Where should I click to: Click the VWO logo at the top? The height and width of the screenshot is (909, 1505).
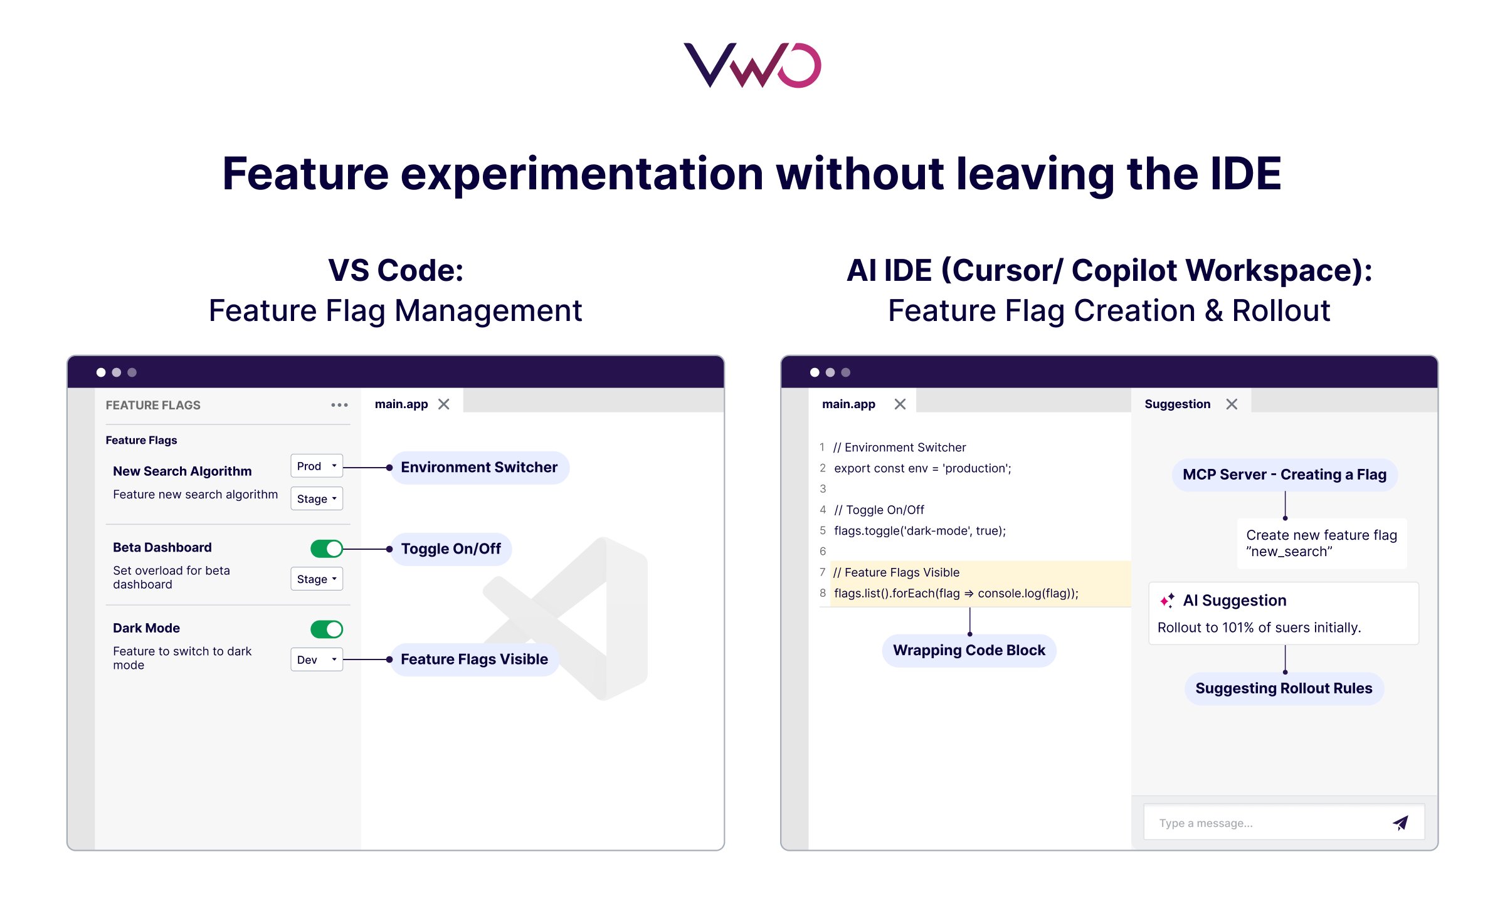tap(752, 65)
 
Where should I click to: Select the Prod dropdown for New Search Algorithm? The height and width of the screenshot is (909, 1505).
tap(316, 466)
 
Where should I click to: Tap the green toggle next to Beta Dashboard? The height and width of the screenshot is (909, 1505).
tap(327, 549)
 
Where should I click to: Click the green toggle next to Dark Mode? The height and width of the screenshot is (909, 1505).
tap(327, 629)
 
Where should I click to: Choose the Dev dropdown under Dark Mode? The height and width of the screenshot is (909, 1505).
tap(316, 659)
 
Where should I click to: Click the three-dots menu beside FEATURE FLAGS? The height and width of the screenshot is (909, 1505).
tap(339, 405)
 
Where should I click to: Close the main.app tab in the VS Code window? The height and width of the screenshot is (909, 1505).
tap(444, 404)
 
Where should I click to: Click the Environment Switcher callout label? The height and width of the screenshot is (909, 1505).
tap(479, 468)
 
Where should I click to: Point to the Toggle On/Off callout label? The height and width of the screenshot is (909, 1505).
tap(451, 549)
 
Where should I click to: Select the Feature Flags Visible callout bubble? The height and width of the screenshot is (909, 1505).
tap(474, 659)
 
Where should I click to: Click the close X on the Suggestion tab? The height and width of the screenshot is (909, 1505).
tap(1232, 404)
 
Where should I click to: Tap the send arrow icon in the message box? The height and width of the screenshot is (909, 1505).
tap(1400, 822)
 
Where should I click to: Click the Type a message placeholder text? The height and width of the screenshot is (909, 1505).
tap(1205, 823)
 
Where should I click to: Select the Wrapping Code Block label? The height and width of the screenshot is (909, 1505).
tap(969, 651)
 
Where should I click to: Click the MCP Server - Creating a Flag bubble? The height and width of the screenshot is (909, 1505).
tap(1284, 475)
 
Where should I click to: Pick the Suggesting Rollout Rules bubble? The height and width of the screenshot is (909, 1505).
tap(1284, 688)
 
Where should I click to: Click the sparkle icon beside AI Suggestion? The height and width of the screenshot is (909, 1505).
tap(1167, 601)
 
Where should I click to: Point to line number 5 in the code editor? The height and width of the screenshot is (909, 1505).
tap(822, 531)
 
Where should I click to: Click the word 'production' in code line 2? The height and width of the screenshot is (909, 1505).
tap(976, 468)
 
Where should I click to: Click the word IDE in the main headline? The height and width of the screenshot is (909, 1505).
tap(1245, 174)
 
